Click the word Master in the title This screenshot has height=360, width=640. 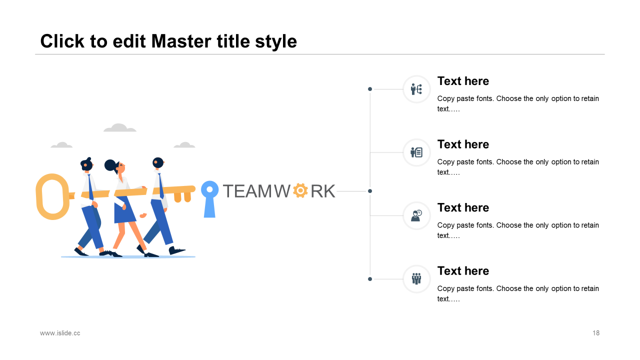(181, 41)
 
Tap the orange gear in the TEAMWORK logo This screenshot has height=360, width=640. (300, 190)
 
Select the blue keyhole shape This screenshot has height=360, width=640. (209, 199)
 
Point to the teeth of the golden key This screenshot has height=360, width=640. (182, 197)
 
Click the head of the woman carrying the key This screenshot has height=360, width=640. (115, 166)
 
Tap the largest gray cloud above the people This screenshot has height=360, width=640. (119, 127)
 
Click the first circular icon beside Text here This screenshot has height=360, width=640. (416, 89)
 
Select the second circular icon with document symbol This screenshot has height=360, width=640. (416, 152)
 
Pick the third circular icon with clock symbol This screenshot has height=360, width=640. (416, 215)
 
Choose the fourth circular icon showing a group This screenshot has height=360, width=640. (416, 279)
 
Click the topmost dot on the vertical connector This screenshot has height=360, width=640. (370, 89)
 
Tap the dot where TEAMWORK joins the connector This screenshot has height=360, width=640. (370, 191)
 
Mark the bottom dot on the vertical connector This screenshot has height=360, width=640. (370, 279)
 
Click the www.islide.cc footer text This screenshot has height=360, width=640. (60, 333)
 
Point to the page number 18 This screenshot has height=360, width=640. (596, 333)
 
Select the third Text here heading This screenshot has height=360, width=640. (463, 207)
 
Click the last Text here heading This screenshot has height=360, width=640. (463, 271)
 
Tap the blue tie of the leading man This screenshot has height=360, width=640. (161, 185)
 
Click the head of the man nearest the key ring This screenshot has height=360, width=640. (86, 164)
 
